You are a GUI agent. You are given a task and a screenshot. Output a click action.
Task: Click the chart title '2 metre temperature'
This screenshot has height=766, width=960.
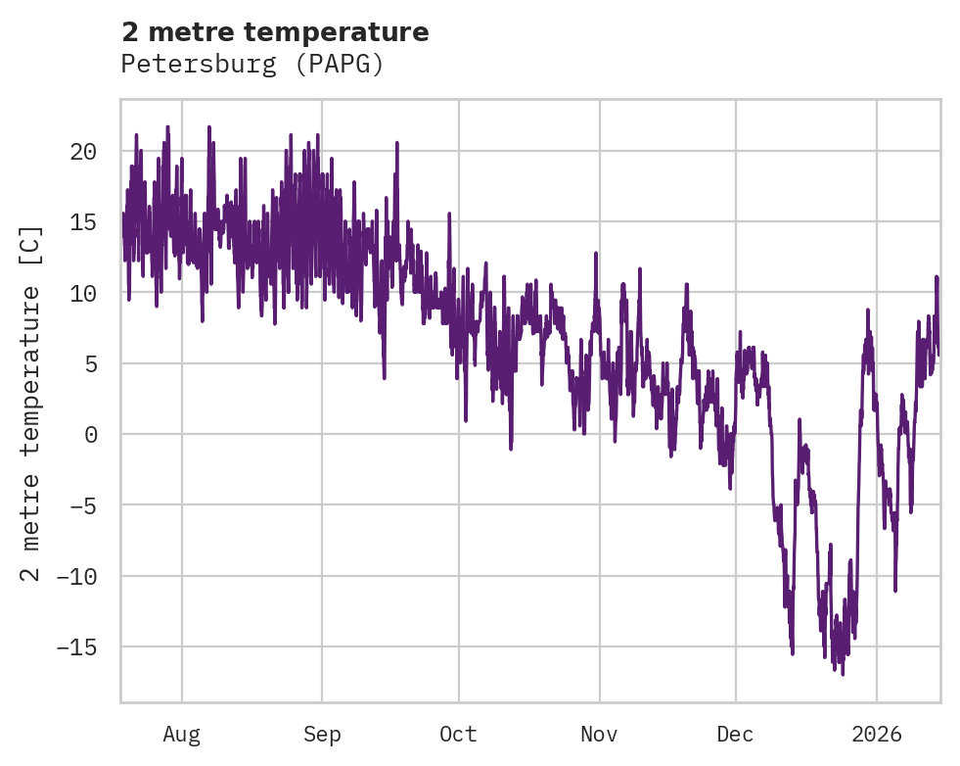tap(275, 32)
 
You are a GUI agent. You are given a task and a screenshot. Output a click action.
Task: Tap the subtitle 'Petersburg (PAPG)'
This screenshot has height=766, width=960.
tap(251, 65)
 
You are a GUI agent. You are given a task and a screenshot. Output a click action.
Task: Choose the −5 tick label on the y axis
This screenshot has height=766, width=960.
tap(77, 505)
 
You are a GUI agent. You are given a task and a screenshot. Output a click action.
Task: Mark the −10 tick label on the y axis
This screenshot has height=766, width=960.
tap(71, 576)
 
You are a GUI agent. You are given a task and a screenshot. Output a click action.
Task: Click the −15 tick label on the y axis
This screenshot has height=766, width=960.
tap(71, 646)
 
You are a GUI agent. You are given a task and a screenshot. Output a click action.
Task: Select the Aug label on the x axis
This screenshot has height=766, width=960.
tap(181, 734)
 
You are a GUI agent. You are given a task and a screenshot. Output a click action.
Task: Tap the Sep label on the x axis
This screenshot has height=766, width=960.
tap(322, 734)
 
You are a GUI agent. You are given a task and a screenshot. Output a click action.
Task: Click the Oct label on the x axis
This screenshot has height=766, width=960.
tap(458, 734)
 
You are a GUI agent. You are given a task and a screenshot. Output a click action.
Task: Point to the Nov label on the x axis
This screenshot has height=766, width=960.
tap(599, 734)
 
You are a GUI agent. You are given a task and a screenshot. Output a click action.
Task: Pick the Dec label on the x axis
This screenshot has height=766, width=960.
tap(735, 734)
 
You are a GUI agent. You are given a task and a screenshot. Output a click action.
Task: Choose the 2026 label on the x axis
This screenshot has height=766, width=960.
tap(877, 734)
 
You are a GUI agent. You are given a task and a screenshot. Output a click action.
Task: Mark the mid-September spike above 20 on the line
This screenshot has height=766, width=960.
tap(397, 143)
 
